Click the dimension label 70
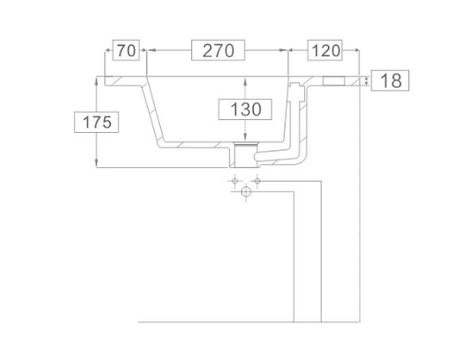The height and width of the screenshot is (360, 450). pyautogui.click(x=126, y=50)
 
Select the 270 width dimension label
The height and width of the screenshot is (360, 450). pyautogui.click(x=218, y=50)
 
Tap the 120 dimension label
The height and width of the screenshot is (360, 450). pyautogui.click(x=325, y=50)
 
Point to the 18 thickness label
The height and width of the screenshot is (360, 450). pyautogui.click(x=390, y=80)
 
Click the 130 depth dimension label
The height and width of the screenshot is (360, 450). pyautogui.click(x=245, y=109)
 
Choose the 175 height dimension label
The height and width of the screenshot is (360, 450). pyautogui.click(x=96, y=122)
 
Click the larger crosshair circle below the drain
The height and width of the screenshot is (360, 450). pyautogui.click(x=246, y=192)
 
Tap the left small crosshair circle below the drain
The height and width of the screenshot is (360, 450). pyautogui.click(x=235, y=181)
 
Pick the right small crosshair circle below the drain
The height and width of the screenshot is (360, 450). pyautogui.click(x=257, y=181)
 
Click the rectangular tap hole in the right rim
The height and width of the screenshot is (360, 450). pyautogui.click(x=334, y=81)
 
